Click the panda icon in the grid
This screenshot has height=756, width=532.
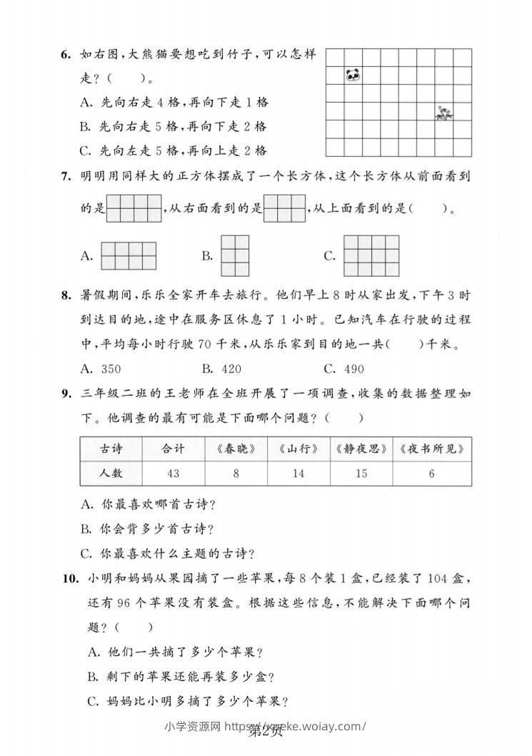coord(353,74)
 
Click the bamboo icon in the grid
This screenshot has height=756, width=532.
coord(444,112)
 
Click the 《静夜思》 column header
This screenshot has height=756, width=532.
coord(361,449)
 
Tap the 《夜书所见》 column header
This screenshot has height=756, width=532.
coord(432,449)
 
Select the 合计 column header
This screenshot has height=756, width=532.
coord(173,449)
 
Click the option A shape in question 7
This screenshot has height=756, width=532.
coord(129,256)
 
